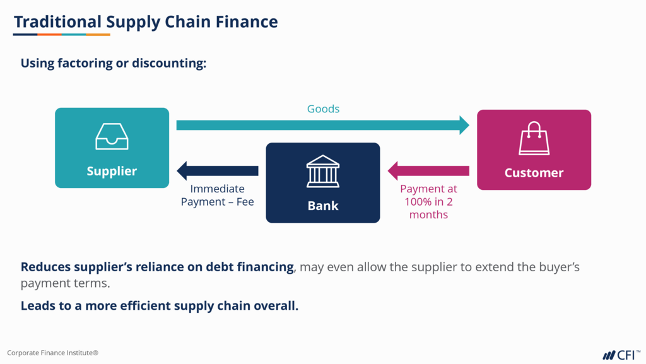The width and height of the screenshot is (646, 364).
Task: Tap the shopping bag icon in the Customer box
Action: click(534, 139)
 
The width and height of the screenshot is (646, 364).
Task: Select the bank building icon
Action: click(322, 171)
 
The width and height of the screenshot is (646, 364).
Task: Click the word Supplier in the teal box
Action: click(112, 171)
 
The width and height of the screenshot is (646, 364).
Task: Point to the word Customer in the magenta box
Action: click(534, 173)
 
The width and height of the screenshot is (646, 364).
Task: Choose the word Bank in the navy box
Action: click(323, 206)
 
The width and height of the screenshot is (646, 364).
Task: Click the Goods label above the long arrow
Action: click(323, 109)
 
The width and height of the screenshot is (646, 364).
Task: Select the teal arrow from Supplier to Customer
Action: click(322, 125)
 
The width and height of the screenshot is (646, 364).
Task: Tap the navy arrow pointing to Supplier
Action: click(217, 170)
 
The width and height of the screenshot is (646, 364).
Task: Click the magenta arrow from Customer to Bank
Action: click(428, 170)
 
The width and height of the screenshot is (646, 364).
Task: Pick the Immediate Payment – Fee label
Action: click(217, 195)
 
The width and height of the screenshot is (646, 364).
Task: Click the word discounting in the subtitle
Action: click(168, 64)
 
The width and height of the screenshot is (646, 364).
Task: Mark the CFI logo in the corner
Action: click(621, 355)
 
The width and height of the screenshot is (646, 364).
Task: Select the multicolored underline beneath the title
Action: click(62, 35)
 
